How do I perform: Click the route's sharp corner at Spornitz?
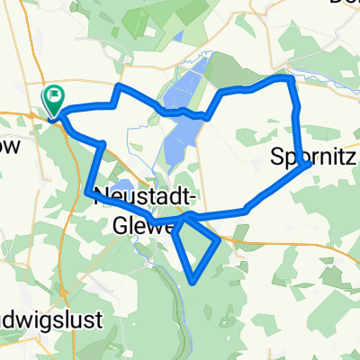[x=310, y=165]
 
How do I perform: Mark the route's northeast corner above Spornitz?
[x=290, y=79]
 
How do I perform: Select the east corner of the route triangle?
[x=220, y=240]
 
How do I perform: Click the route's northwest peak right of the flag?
[x=119, y=86]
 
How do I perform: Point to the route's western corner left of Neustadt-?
[x=88, y=190]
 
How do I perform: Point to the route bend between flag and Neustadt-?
[x=103, y=144]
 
